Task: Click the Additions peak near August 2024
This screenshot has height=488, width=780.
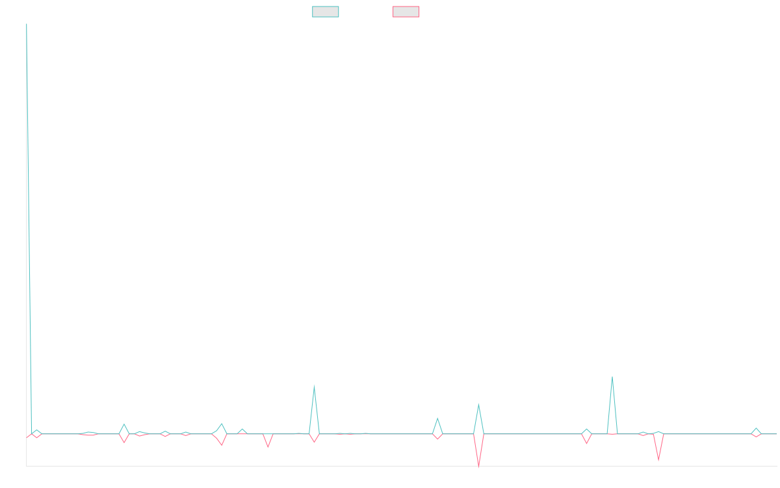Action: (x=314, y=386)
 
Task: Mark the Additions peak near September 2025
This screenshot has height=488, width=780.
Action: (x=612, y=377)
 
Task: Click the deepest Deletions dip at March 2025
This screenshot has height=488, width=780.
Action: (x=479, y=467)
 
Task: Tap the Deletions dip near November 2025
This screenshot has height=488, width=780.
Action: (x=658, y=460)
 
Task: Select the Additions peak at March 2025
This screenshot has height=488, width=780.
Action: (x=478, y=407)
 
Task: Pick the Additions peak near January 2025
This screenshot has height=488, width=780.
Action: (x=437, y=418)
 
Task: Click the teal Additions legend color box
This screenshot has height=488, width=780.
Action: (x=325, y=12)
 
